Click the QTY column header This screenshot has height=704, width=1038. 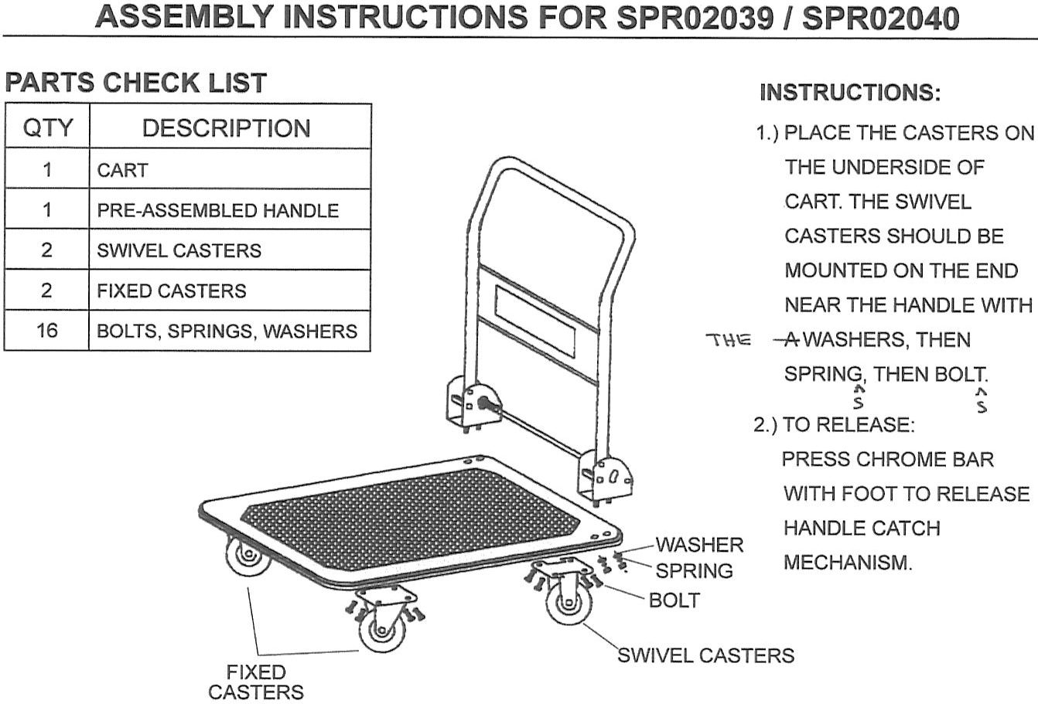[x=48, y=128]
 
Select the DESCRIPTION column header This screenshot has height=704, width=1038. [x=226, y=128]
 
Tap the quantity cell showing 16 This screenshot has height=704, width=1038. [x=47, y=331]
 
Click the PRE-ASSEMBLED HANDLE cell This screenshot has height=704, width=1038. [x=217, y=210]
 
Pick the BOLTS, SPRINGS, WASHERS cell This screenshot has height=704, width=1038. [x=227, y=332]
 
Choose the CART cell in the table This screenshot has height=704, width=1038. [x=122, y=170]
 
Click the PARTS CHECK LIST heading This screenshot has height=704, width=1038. [x=136, y=83]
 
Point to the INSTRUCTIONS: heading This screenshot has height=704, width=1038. [x=851, y=94]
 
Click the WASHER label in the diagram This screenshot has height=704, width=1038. [x=699, y=545]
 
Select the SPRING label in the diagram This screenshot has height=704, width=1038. [x=694, y=571]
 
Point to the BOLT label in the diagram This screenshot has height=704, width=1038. [x=674, y=600]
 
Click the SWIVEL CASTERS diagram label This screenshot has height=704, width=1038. [x=705, y=656]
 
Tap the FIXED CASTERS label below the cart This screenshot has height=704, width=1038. [x=256, y=682]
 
